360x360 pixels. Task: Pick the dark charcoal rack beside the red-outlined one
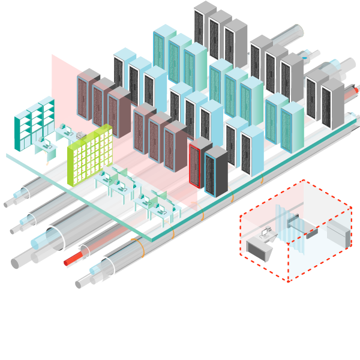coord(216,171)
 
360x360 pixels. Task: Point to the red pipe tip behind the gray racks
coord(356,90)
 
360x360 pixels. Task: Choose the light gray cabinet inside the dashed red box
coord(338,234)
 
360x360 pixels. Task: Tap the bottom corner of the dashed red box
coord(289,281)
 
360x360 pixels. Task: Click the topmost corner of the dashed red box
coord(303,180)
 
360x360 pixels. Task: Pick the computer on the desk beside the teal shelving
coord(44,142)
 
